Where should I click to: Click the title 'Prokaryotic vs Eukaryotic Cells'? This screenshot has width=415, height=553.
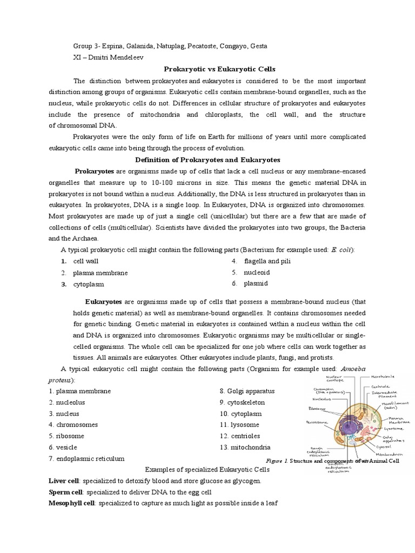(220, 69)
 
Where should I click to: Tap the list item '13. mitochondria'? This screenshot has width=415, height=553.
(245, 447)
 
